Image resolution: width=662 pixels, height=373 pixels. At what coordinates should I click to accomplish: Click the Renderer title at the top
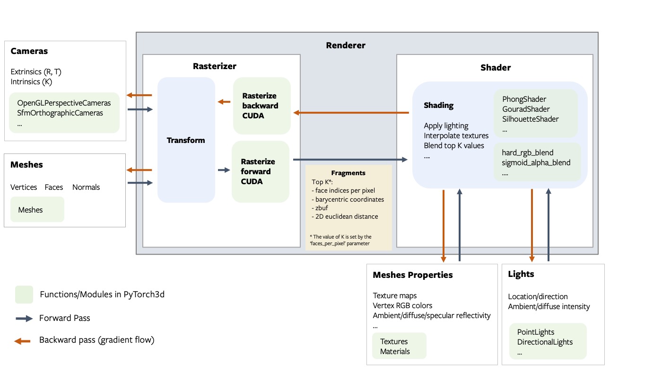(346, 45)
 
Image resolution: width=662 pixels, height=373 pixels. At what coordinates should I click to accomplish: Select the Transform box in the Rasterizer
(186, 140)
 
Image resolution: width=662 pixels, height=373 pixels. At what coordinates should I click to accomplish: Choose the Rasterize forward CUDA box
(260, 171)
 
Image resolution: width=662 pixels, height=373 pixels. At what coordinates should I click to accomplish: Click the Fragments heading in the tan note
(348, 173)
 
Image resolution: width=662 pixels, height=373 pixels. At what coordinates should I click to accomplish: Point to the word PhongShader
(524, 99)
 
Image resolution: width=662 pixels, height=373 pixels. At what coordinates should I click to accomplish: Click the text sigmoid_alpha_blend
(536, 162)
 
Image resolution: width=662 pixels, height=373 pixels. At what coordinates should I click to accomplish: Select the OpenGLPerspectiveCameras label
(64, 103)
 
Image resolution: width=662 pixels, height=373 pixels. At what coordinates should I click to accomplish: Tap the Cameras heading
(29, 51)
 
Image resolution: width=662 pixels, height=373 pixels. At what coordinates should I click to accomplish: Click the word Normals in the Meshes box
(86, 187)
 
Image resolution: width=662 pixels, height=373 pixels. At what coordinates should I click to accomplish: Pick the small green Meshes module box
(37, 210)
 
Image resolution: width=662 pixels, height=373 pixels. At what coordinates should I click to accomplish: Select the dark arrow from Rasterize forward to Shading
(350, 160)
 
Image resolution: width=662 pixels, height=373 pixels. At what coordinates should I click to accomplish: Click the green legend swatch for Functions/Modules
(24, 294)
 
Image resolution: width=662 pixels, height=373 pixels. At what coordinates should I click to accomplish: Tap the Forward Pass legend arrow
(24, 318)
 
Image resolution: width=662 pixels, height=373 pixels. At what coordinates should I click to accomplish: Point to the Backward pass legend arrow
(24, 340)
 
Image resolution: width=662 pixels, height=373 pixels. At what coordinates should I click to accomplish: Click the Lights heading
(521, 274)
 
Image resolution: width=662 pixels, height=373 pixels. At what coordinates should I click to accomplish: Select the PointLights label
(535, 332)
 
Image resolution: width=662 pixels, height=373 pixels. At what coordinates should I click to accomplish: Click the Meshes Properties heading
(412, 275)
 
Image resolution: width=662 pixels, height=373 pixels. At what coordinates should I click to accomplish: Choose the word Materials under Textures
(395, 351)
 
